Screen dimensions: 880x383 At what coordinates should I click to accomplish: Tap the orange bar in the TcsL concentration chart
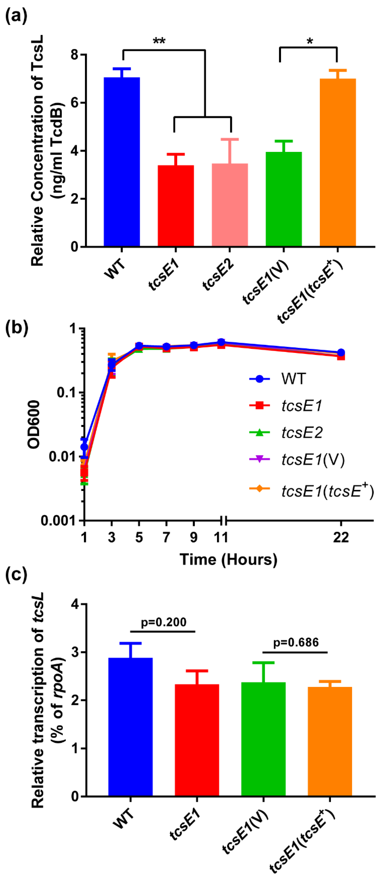pyautogui.click(x=338, y=162)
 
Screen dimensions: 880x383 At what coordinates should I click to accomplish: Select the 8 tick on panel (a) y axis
pyautogui.click(x=74, y=55)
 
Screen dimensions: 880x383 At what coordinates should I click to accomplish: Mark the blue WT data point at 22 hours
pyautogui.click(x=341, y=353)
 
